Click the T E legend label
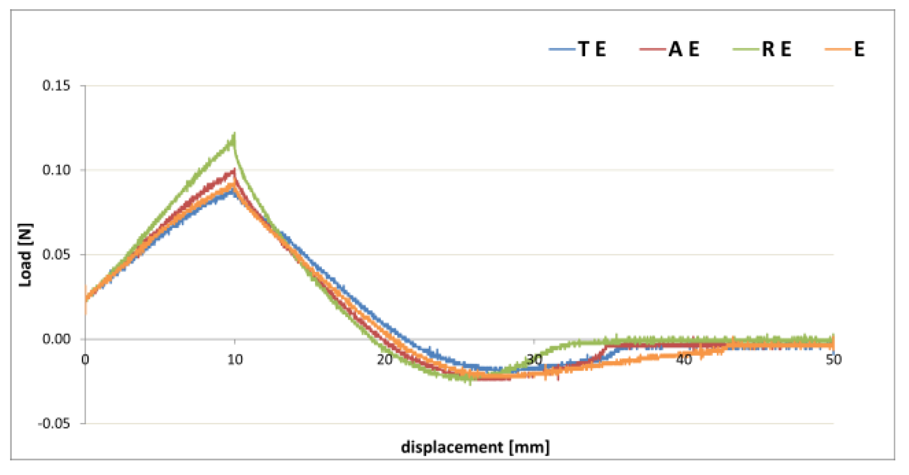[592, 49]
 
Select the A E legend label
[684, 49]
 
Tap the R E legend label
[776, 49]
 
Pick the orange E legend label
[859, 49]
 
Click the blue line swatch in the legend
[562, 49]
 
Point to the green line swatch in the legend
[746, 49]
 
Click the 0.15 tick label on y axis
[56, 85]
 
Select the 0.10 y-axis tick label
[56, 170]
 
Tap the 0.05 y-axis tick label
[56, 254]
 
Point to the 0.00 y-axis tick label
[56, 339]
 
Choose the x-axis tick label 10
[235, 360]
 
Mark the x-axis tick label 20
[384, 360]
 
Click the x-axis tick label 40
[684, 360]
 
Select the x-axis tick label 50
[833, 360]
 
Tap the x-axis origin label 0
[85, 360]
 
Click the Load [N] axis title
[26, 255]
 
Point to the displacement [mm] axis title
[475, 447]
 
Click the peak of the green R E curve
[234, 136]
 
